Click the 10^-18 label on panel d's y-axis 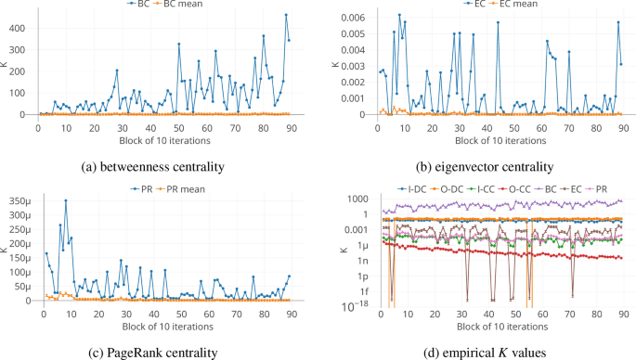click(357, 306)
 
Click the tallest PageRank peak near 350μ click(65, 200)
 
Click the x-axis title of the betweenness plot click(165, 140)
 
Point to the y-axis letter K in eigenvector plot click(336, 65)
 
